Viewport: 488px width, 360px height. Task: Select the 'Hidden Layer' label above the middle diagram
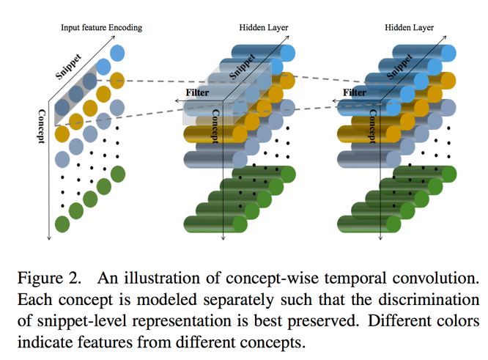(263, 28)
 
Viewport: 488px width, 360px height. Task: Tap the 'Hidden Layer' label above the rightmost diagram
(409, 28)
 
